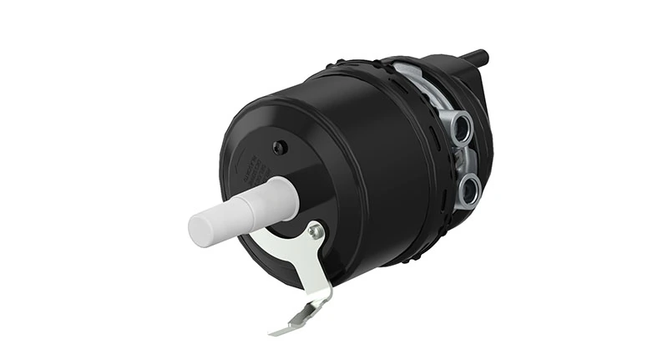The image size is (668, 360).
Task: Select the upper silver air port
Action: [461, 128]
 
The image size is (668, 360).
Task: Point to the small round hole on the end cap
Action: [281, 147]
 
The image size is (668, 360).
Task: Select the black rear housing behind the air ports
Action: [477, 92]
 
